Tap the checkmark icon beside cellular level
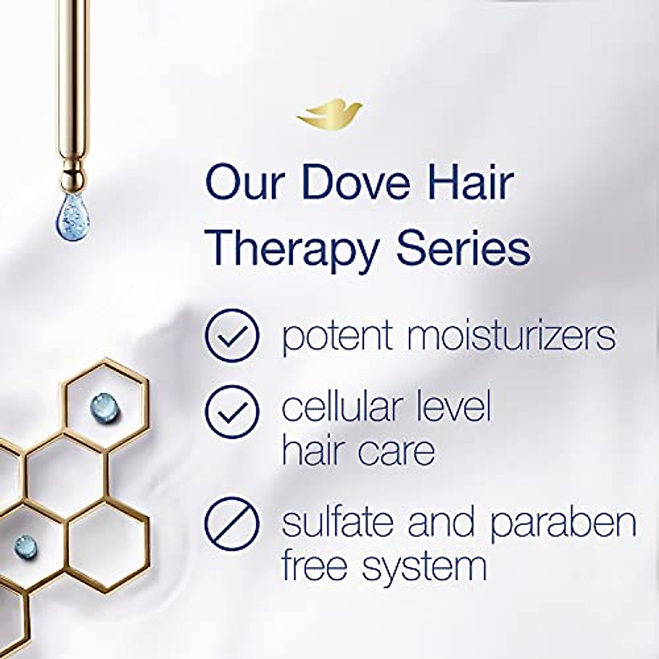click(231, 411)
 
